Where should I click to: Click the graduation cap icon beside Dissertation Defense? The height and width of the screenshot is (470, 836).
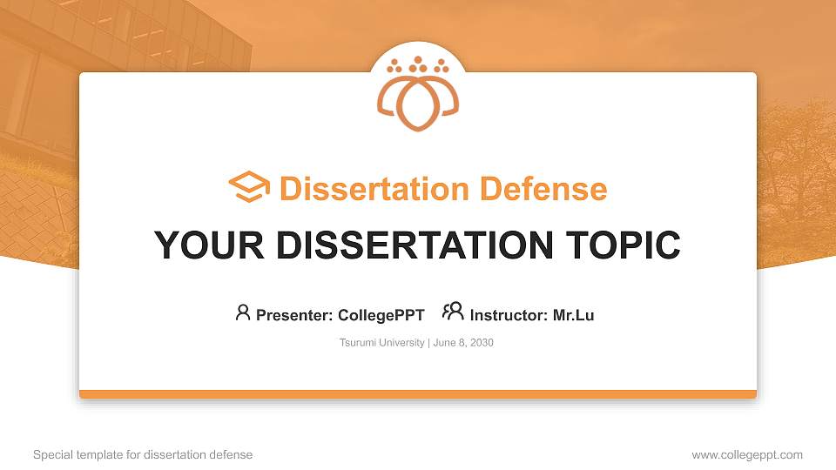tap(248, 188)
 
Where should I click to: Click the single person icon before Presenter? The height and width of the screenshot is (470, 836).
tap(243, 312)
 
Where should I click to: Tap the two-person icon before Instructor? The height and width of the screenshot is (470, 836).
tap(453, 312)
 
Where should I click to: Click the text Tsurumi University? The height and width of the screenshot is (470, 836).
tap(381, 343)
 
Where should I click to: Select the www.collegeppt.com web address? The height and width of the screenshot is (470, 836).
tap(747, 455)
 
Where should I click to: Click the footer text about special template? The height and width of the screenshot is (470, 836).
tap(143, 455)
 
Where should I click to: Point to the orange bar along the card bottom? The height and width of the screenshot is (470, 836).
tap(418, 394)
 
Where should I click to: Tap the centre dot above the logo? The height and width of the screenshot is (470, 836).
tap(417, 60)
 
